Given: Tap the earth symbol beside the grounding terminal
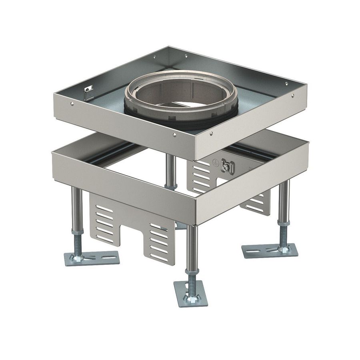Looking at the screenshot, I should (x=215, y=163).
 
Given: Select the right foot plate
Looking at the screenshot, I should (x=270, y=250).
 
